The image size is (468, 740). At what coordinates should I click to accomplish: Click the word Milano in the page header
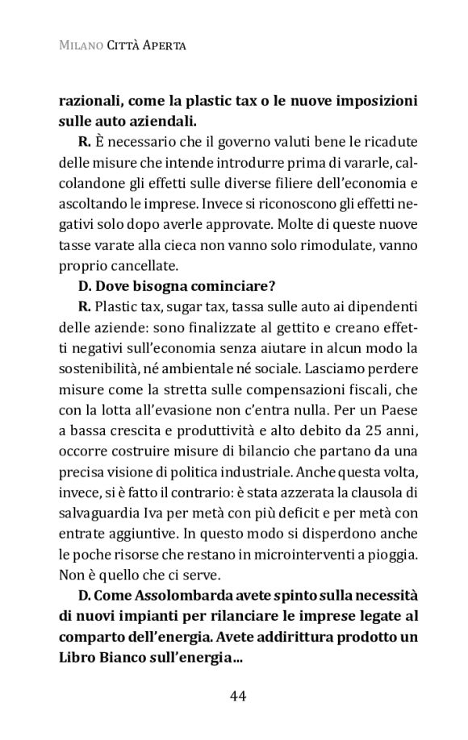(79, 46)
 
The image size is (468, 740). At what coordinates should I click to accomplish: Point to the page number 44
(237, 696)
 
